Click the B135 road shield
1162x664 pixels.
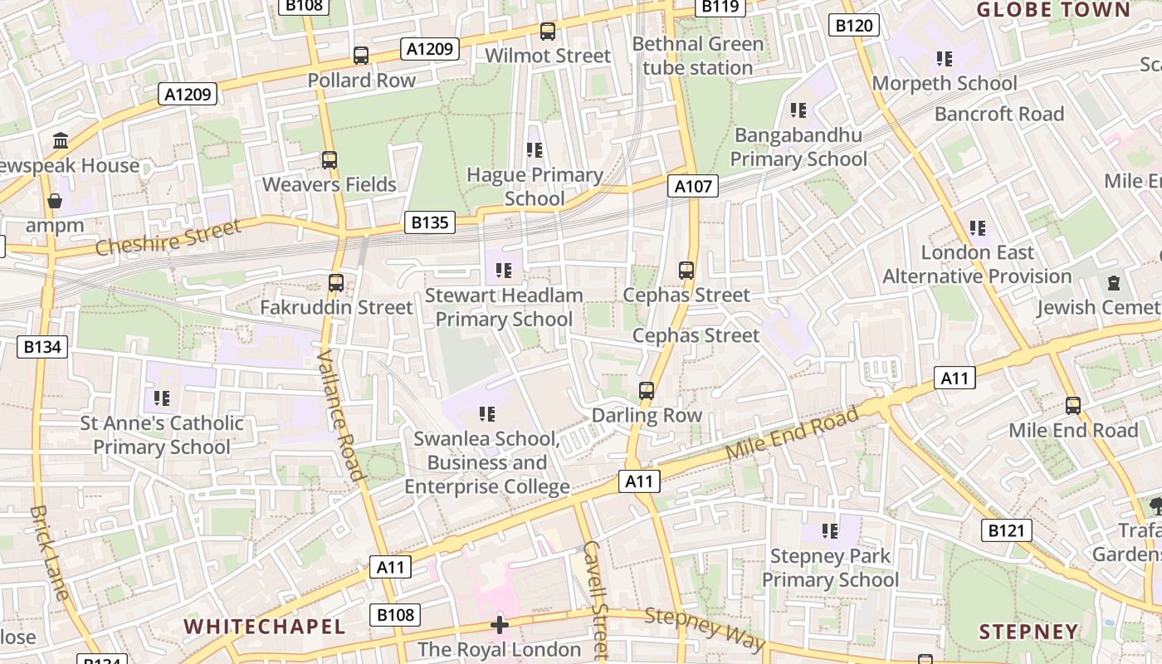point(430,222)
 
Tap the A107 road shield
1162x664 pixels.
point(693,186)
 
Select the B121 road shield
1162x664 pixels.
point(1006,530)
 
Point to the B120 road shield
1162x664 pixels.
point(853,26)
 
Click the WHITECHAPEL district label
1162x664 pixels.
point(264,626)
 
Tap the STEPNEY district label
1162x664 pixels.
point(1028,632)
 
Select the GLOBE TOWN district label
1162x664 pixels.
point(1053,10)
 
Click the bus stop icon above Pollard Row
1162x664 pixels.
point(361,56)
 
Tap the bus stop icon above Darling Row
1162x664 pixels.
point(647,390)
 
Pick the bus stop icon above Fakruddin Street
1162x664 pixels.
point(336,282)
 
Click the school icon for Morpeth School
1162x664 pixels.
point(945,59)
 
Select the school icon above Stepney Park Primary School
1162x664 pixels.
point(830,530)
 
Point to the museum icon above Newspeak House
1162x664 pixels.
point(61,140)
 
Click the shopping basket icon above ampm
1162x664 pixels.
point(55,201)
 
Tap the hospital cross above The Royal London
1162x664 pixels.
point(500,624)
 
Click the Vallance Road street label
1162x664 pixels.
point(340,416)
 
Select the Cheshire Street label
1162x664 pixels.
point(168,237)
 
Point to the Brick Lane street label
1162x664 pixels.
point(49,552)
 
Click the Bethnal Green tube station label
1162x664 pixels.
point(697,56)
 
